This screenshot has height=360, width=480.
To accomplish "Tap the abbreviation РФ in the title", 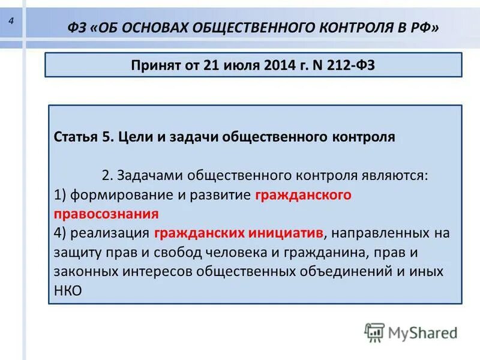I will click(422, 27).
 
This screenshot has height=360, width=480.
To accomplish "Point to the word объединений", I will click(356, 271).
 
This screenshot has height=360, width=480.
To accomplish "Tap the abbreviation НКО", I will click(67, 290).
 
